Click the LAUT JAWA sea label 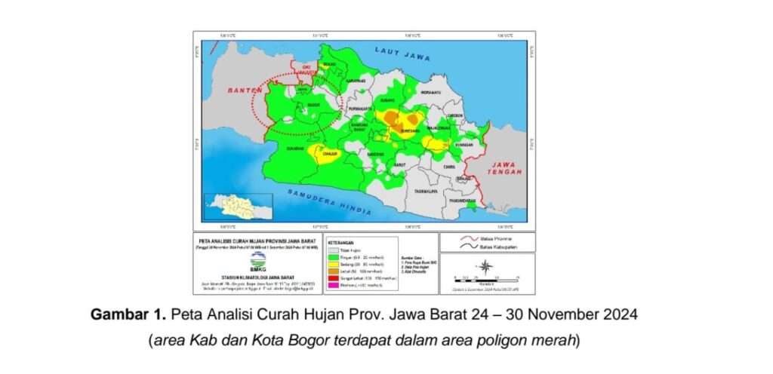pyautogui.click(x=402, y=54)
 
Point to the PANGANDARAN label pyautogui.click(x=462, y=202)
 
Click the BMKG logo pyautogui.click(x=258, y=265)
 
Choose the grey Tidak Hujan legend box pyautogui.click(x=332, y=250)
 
